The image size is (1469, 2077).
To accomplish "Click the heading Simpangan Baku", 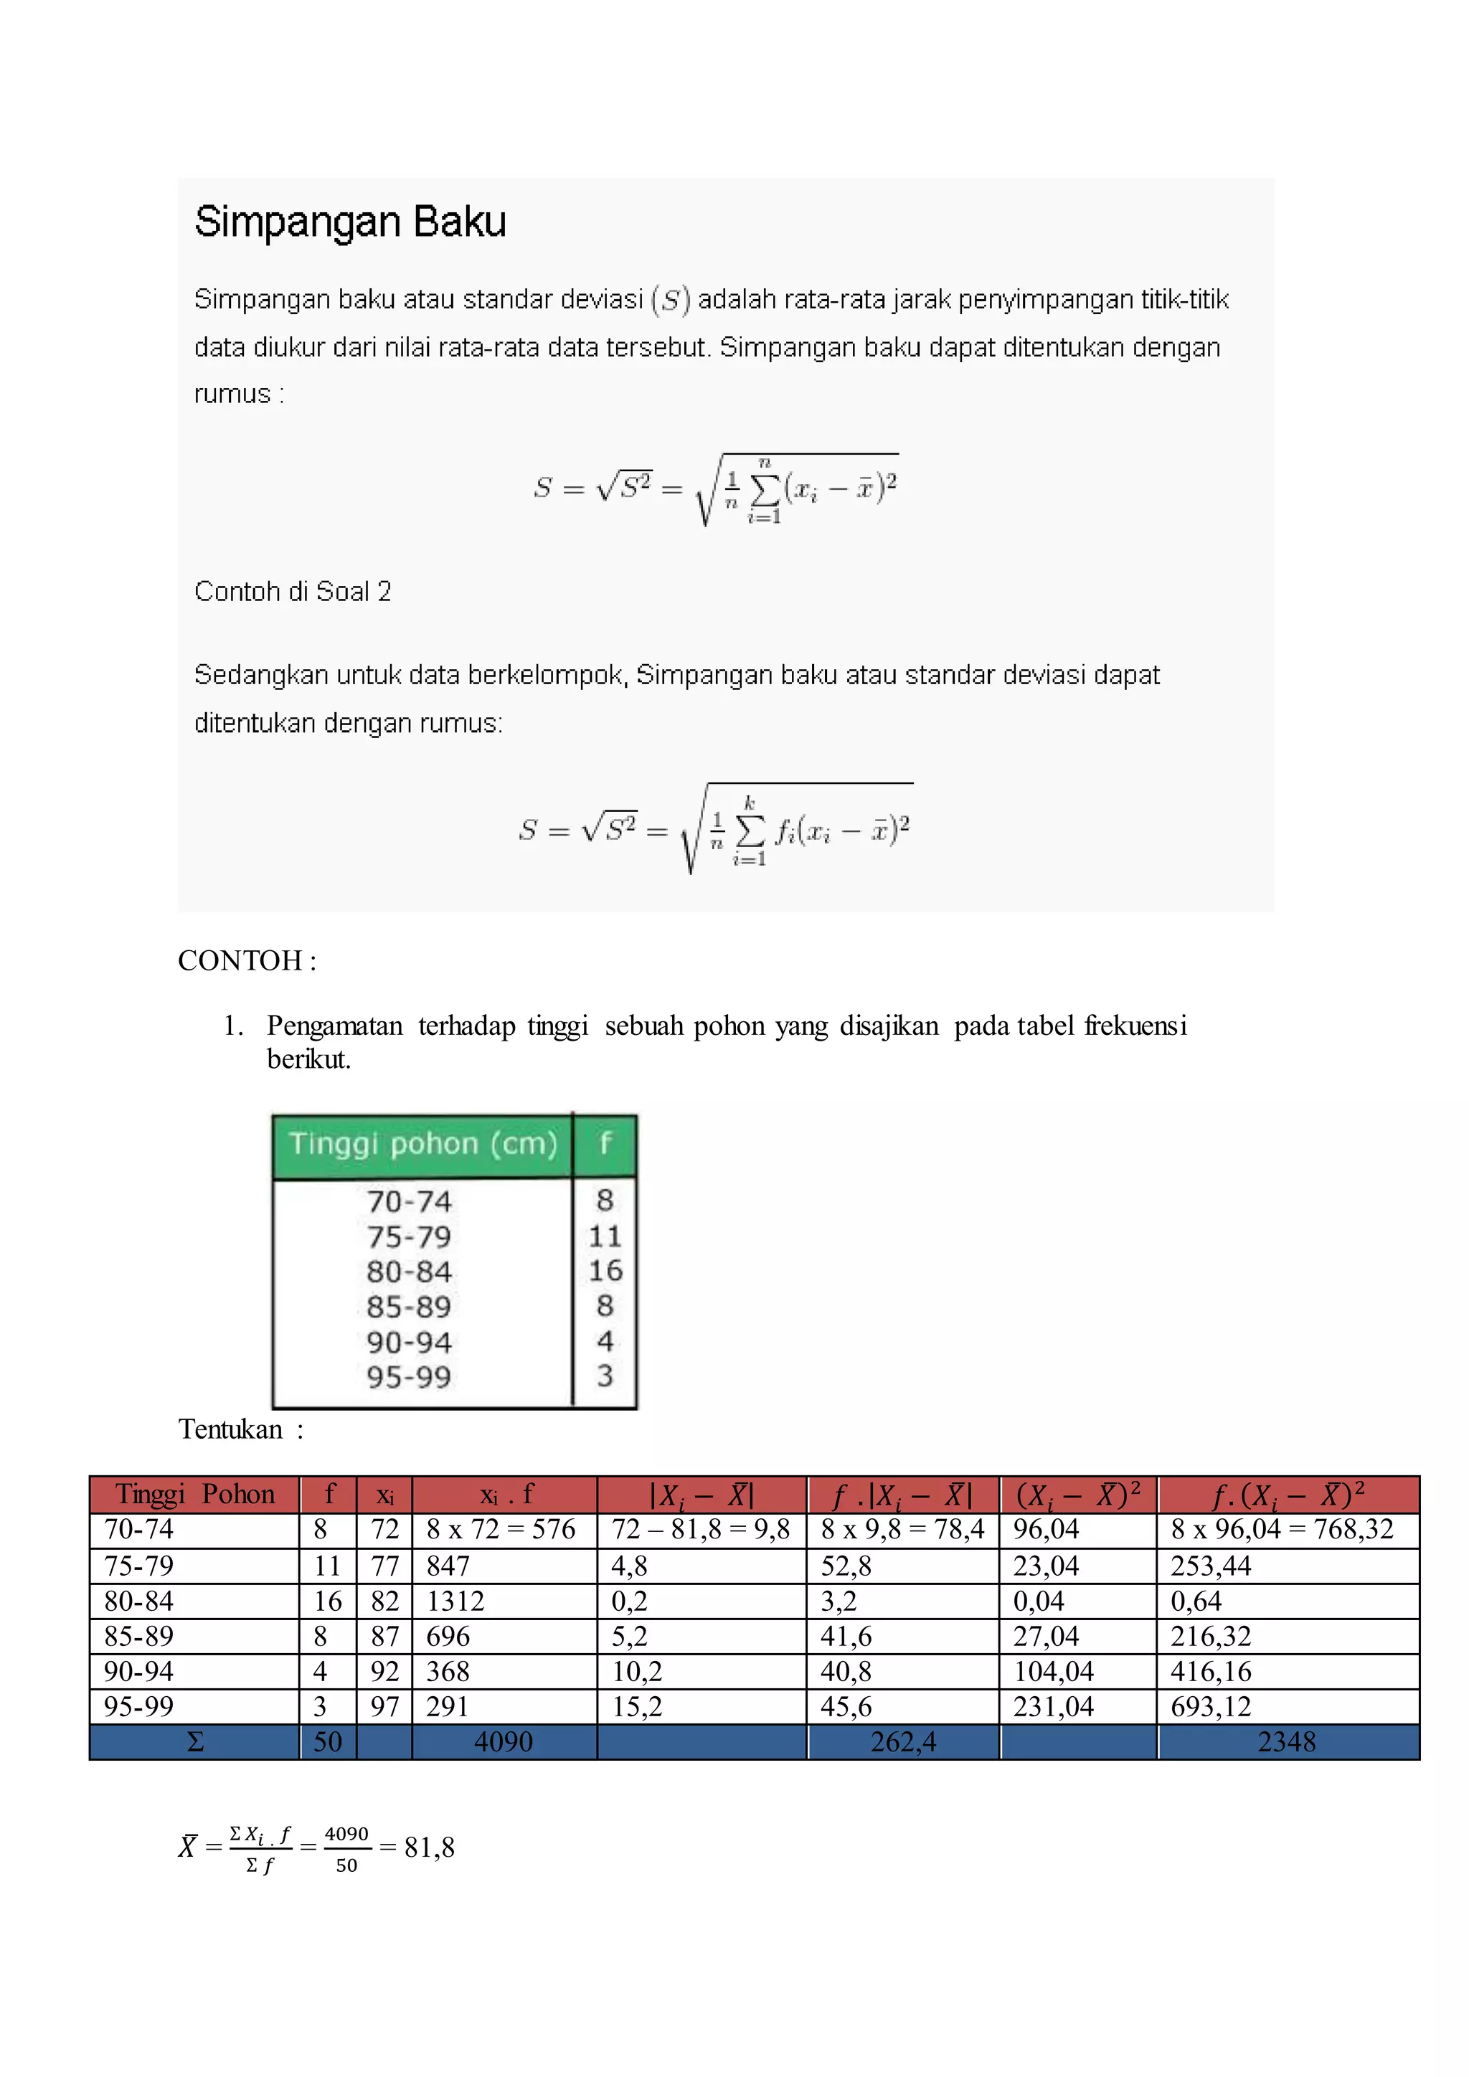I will tap(350, 222).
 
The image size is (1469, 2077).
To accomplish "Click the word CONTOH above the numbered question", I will tap(240, 961).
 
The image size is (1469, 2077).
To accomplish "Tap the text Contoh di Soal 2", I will tap(292, 592).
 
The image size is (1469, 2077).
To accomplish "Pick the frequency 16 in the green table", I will tap(605, 1271).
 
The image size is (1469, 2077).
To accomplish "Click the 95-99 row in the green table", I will tap(409, 1378).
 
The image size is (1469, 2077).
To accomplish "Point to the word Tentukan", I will tap(231, 1429).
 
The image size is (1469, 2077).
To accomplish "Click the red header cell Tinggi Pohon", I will tap(194, 1495).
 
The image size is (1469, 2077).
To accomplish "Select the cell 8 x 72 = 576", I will tap(501, 1530).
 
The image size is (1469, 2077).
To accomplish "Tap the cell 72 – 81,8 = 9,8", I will tap(700, 1530).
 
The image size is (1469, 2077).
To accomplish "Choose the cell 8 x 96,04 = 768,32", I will tap(1282, 1530).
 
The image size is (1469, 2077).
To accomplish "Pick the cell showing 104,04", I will tap(1053, 1672).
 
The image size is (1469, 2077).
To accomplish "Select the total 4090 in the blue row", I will tap(504, 1742).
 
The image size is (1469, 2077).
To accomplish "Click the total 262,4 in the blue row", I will tap(903, 1742).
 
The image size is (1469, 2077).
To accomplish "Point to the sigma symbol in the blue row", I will tap(194, 1742).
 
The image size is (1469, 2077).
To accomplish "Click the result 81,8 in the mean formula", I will tap(430, 1848).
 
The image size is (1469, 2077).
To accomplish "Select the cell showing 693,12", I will tap(1210, 1707).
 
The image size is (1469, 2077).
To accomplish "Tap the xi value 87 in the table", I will tap(384, 1637).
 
